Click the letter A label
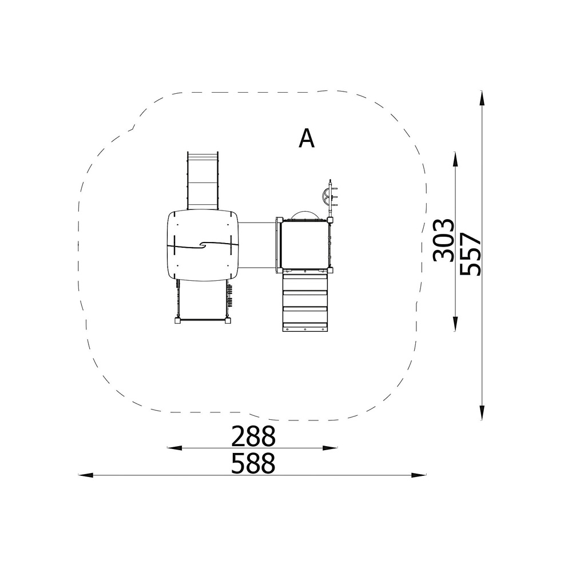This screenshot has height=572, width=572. (307, 138)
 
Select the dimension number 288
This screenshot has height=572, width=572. (253, 436)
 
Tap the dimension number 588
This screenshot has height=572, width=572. (253, 463)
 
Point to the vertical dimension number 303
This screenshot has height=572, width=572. (444, 240)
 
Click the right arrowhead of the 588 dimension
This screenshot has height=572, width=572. (419, 475)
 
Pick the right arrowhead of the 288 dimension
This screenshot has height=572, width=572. (330, 448)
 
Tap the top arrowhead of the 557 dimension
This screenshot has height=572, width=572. (482, 98)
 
